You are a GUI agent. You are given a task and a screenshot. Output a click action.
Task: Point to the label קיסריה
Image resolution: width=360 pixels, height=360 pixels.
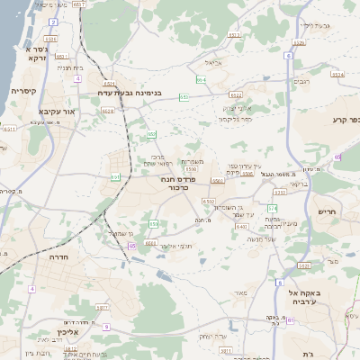(x=22, y=91)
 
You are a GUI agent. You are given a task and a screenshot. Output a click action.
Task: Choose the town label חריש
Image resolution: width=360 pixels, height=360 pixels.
(x=326, y=212)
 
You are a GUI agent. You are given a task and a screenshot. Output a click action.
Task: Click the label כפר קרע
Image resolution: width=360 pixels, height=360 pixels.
(x=345, y=121)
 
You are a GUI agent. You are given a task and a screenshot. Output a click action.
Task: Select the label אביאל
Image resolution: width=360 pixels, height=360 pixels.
(x=212, y=62)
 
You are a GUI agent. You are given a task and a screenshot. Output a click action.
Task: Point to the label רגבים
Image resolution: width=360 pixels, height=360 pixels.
(x=303, y=81)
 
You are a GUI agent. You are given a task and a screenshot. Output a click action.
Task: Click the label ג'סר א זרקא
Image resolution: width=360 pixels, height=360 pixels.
(x=28, y=52)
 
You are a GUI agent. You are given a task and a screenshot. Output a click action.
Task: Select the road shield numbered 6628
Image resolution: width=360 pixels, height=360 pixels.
(x=108, y=111)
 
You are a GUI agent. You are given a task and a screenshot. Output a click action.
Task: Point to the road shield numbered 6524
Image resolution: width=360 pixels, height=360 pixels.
(x=49, y=40)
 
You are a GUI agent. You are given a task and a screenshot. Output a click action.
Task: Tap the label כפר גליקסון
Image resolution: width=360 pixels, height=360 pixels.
(x=236, y=118)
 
